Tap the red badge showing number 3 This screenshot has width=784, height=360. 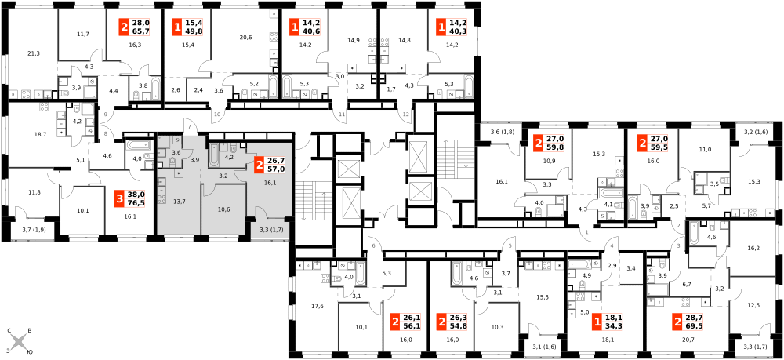tap(119, 198)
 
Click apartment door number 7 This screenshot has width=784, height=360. tap(190, 128)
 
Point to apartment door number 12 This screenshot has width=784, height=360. tap(405, 114)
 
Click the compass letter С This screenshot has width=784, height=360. tap(9, 331)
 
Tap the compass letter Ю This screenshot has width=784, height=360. tap(30, 352)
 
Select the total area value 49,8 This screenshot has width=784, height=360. tap(193, 32)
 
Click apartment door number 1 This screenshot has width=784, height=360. tap(587, 233)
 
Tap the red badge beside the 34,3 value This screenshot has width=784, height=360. tap(597, 321)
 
